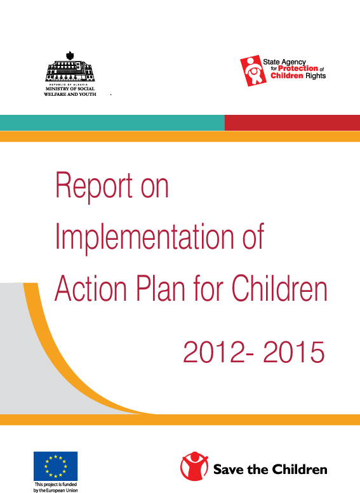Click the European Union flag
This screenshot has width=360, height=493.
click(x=56, y=466)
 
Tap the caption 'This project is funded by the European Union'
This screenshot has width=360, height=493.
click(x=56, y=487)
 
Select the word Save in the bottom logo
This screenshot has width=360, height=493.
click(x=228, y=470)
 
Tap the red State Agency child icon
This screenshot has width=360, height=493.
click(x=251, y=69)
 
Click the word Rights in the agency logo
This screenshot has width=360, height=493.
click(x=314, y=76)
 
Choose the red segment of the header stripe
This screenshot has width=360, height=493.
click(x=292, y=122)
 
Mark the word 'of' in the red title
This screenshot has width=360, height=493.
click(x=250, y=237)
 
